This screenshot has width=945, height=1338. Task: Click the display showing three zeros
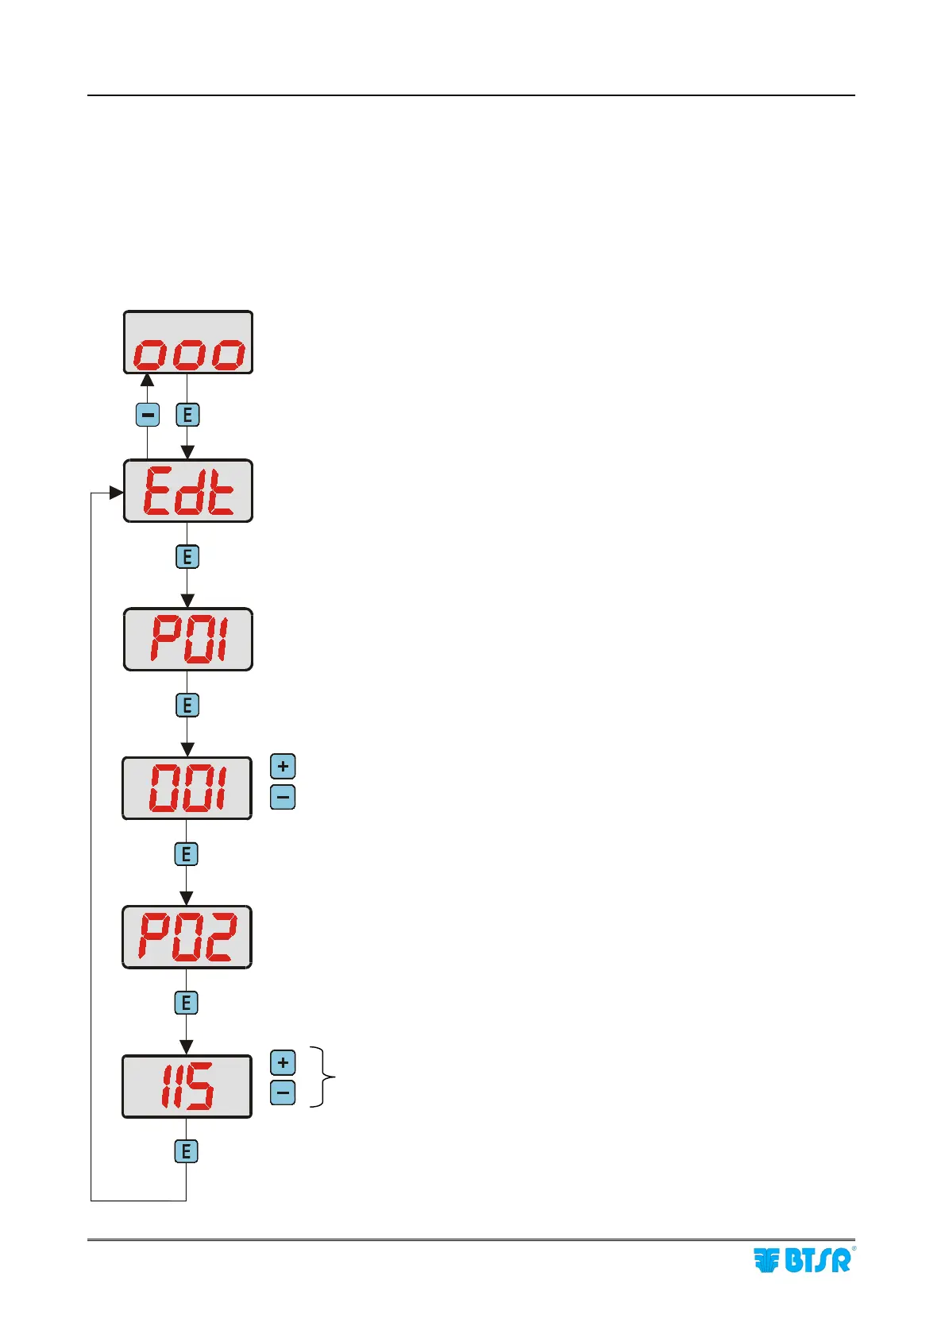click(188, 342)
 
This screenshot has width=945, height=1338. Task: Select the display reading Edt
click(188, 491)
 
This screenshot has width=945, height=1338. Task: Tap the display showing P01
click(188, 640)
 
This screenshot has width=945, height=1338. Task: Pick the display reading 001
click(187, 788)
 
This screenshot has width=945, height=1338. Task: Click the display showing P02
click(187, 937)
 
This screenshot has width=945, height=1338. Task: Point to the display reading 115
click(187, 1086)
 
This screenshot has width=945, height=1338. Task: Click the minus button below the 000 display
click(148, 415)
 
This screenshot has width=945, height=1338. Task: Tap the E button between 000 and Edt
click(187, 415)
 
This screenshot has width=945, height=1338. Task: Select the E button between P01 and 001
click(187, 706)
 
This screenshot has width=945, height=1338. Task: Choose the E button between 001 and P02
click(186, 854)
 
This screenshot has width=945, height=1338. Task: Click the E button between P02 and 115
click(186, 1003)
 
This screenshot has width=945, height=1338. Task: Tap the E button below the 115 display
click(186, 1151)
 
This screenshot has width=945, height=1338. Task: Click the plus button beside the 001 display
click(283, 767)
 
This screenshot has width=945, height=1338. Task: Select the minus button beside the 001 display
click(283, 797)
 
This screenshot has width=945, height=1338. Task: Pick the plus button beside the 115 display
click(283, 1063)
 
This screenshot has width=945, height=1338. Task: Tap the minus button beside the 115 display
click(283, 1093)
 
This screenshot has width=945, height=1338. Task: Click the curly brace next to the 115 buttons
click(324, 1077)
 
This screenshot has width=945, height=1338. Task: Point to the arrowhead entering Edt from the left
click(116, 493)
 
